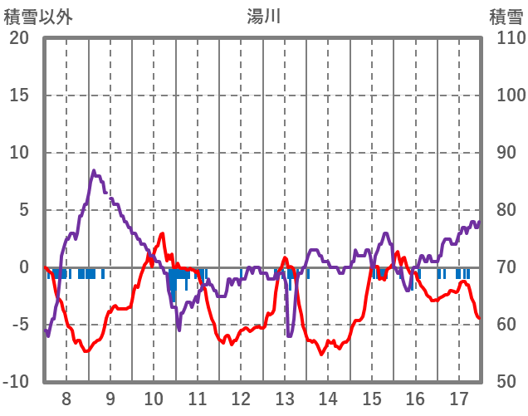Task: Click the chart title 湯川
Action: point(264,16)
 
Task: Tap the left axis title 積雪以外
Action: point(37,16)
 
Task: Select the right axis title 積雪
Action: point(505,16)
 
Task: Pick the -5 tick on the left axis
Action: point(20,325)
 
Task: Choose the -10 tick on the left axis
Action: point(17,382)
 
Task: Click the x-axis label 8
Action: point(66,398)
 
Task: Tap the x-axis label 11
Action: point(198,398)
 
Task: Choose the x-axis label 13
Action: point(285,398)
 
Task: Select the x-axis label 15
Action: point(372,398)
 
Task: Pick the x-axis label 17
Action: point(459,398)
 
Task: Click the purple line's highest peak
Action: point(94,171)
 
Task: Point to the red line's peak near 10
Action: point(162,234)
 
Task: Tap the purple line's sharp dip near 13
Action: point(289,335)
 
